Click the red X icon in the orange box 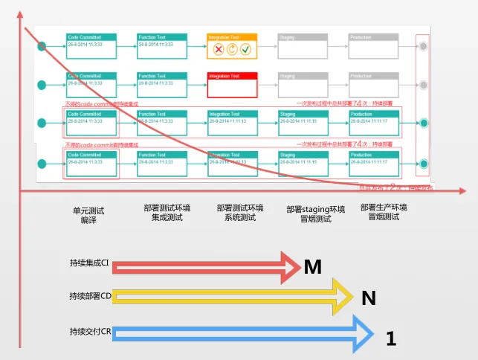[x=219, y=49]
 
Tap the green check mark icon [x=245, y=49]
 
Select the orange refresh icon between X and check [x=232, y=49]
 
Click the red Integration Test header [x=232, y=76]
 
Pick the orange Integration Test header [x=232, y=36]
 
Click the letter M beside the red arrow [x=313, y=266]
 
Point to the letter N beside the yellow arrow [x=369, y=298]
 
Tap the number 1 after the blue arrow [x=392, y=339]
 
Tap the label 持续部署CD [x=90, y=296]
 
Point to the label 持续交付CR [x=89, y=331]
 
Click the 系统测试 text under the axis [x=240, y=218]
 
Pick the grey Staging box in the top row [x=302, y=45]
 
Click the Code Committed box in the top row [x=91, y=45]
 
